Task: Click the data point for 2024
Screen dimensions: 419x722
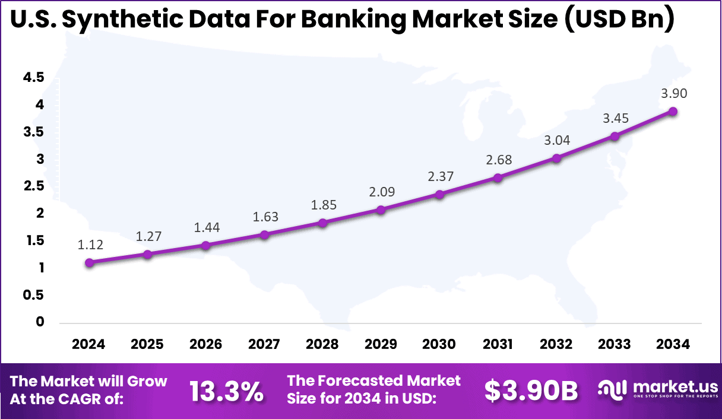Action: coord(89,262)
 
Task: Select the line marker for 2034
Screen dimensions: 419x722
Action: coord(673,111)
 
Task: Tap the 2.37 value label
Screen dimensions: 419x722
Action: coord(440,177)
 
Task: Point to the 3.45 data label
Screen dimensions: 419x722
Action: coord(615,119)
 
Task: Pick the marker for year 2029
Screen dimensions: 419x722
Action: coord(381,209)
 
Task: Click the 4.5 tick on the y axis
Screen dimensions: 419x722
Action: coord(33,77)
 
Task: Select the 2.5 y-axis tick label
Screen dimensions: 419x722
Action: coord(33,186)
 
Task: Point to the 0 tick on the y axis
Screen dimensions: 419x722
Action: coord(40,322)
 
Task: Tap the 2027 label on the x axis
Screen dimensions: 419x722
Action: coord(264,345)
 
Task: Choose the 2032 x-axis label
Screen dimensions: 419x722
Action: coord(556,345)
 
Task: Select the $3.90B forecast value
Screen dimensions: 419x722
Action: coord(531,391)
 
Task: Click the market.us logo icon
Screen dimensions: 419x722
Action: coord(612,390)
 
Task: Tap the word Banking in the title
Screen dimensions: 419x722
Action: coord(353,20)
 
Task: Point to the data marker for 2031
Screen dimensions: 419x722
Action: coord(498,177)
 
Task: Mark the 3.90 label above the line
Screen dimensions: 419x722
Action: coord(673,93)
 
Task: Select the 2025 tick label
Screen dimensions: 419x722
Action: coord(147,345)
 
